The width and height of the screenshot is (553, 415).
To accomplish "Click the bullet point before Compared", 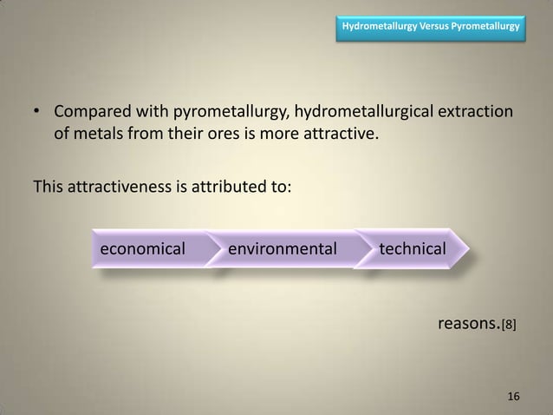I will (36, 115).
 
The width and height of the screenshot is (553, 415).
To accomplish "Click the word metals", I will (101, 135).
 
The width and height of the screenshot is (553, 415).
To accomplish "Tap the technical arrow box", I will (413, 250).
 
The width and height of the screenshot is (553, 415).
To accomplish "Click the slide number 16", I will (514, 396).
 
